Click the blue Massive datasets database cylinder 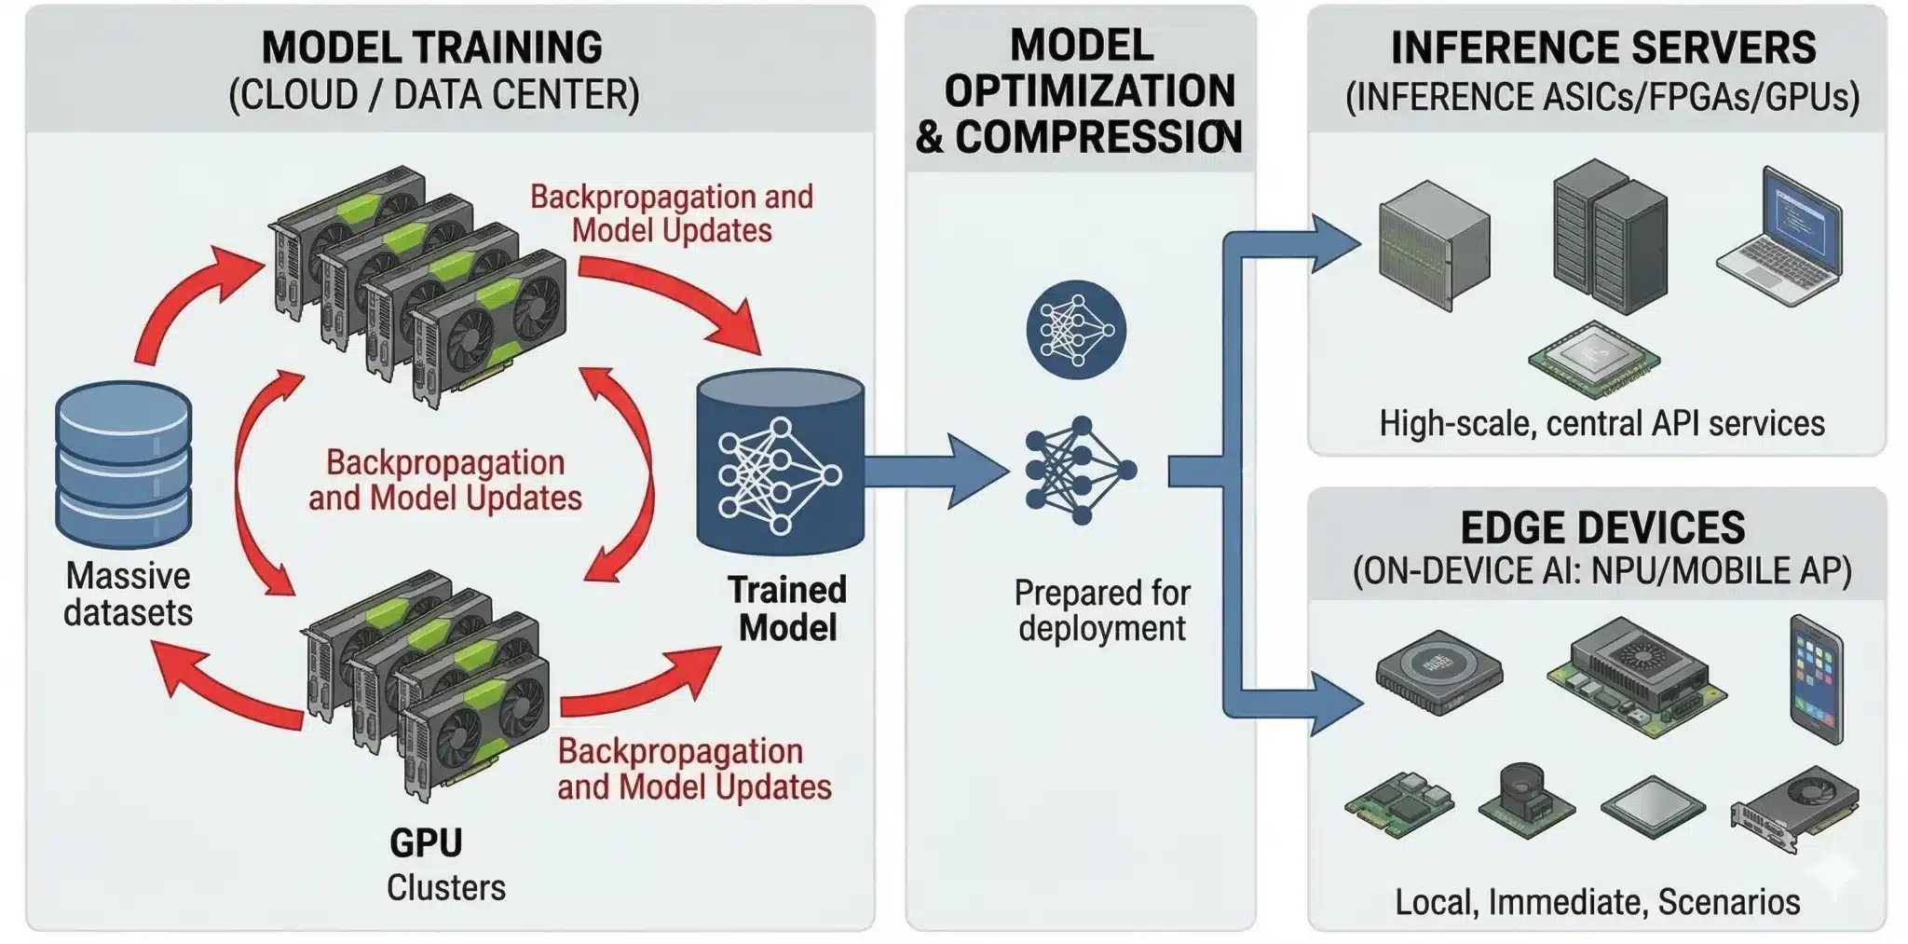124,464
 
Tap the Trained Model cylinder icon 781,463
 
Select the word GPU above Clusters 426,842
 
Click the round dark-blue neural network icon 1076,330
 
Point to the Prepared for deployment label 1102,610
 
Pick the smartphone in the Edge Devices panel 1816,679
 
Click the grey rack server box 1435,244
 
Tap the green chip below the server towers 1594,359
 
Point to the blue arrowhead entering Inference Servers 1335,244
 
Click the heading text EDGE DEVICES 1602,527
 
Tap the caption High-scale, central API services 1601,423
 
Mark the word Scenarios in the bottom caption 1728,901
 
